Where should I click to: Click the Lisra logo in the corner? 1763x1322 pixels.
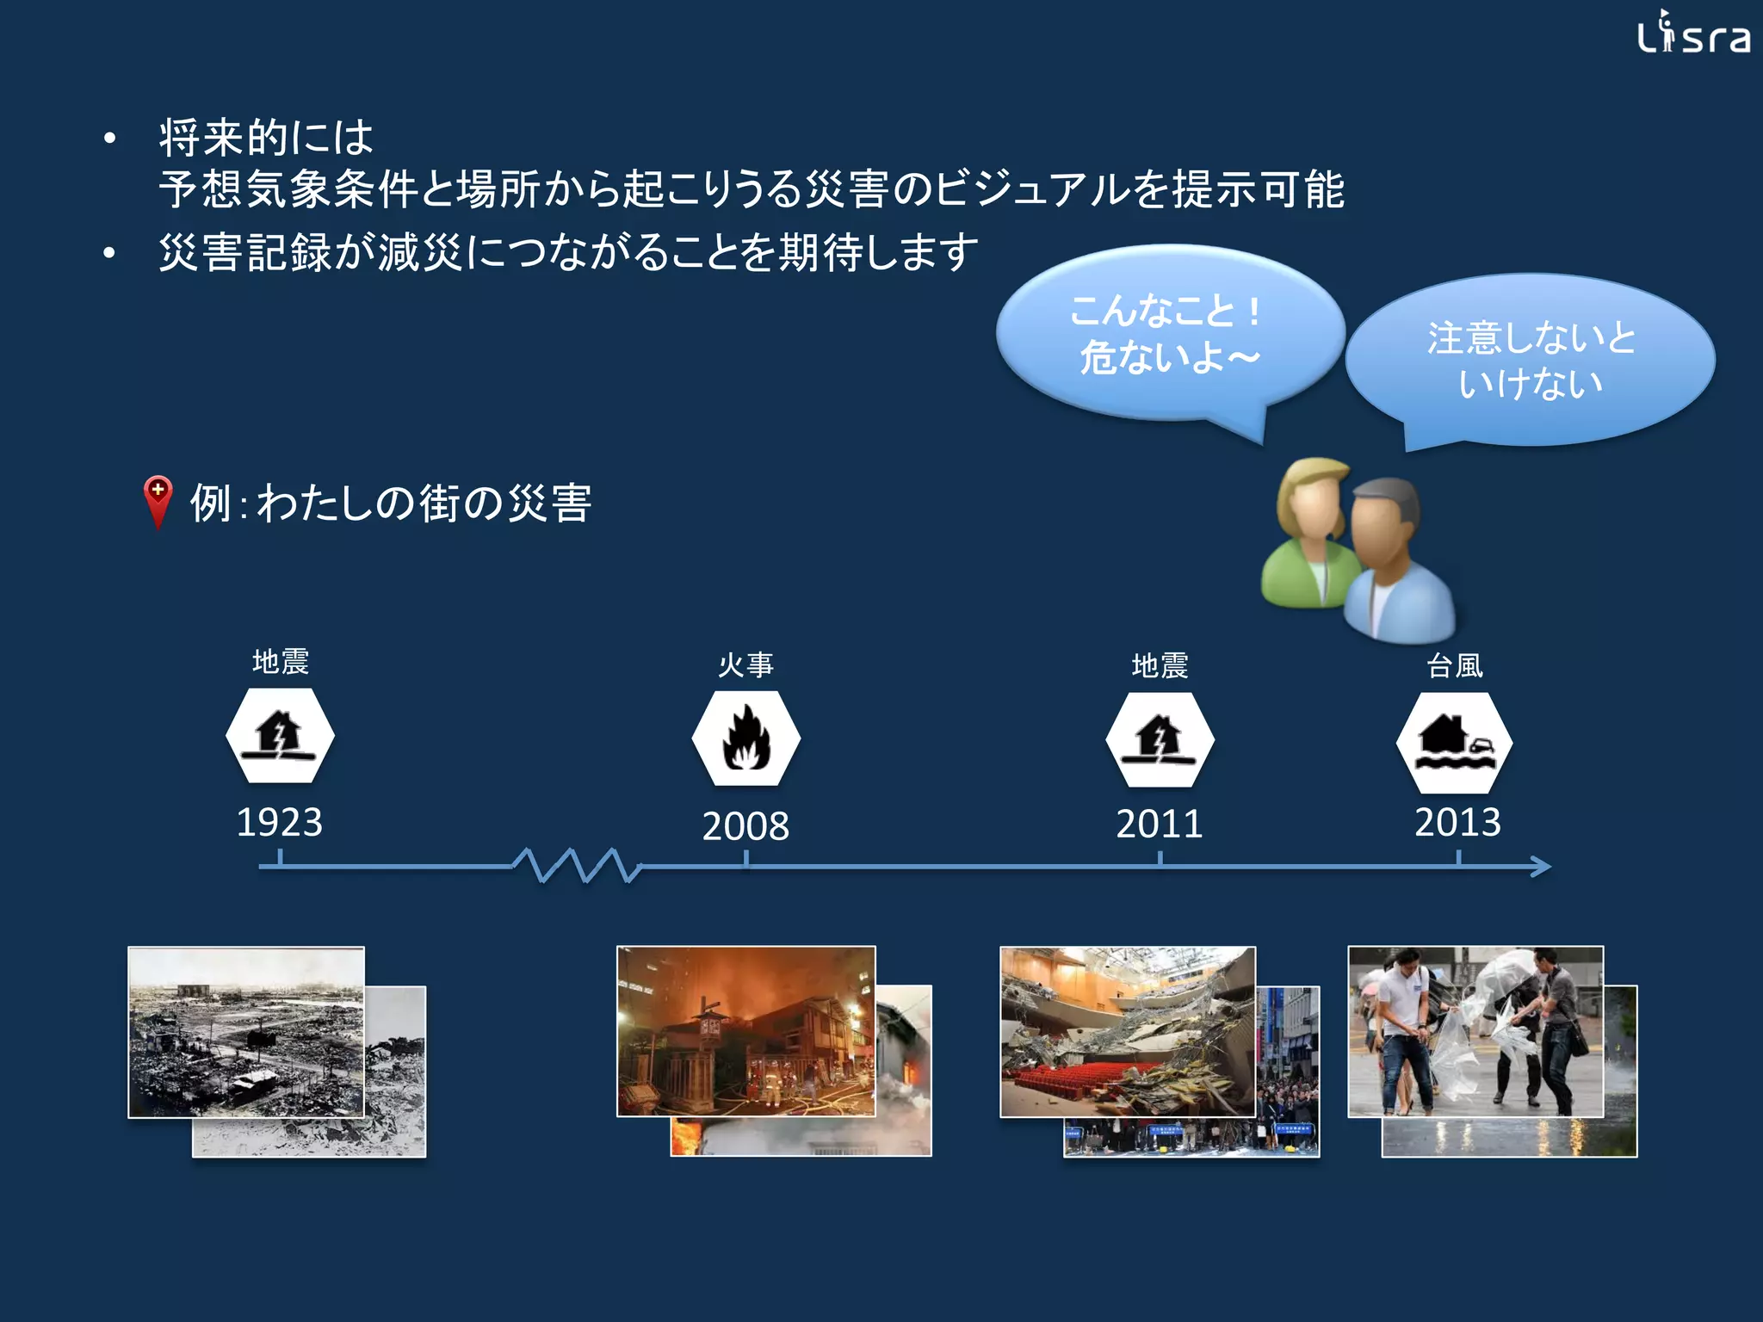(1692, 34)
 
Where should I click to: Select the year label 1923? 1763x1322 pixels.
(280, 822)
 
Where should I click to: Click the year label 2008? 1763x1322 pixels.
(745, 826)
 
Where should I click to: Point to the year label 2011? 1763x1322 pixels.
(1160, 824)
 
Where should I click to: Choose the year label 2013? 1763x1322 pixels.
(1457, 822)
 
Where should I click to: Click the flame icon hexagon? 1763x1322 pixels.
(745, 738)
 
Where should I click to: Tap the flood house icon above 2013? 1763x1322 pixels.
(1454, 742)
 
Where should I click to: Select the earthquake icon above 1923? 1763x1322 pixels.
(280, 735)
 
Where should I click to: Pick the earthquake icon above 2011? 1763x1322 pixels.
(1160, 739)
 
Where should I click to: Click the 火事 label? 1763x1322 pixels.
(745, 664)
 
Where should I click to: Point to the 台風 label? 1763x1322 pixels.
(1455, 665)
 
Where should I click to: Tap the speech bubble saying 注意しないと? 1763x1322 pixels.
(1531, 360)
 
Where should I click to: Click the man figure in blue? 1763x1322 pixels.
(1395, 568)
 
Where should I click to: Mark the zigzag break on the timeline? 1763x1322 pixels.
(577, 865)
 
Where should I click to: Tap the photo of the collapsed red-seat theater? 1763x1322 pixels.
(1128, 1031)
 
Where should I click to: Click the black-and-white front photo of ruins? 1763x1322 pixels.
(246, 1031)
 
